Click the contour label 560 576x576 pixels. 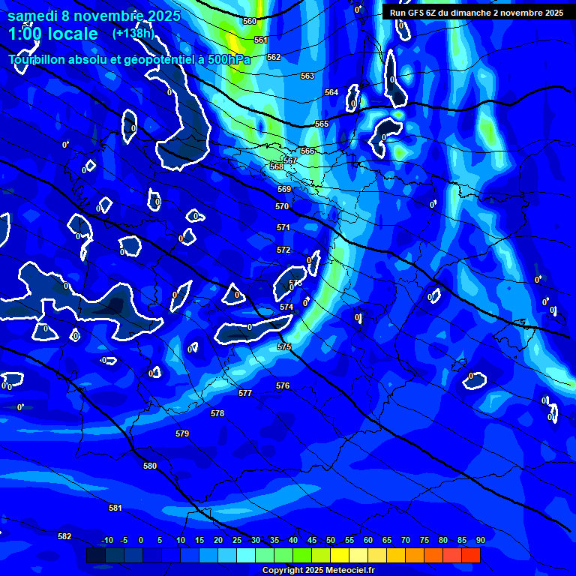(x=250, y=21)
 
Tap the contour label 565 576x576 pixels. (x=322, y=124)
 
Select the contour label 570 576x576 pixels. (x=282, y=206)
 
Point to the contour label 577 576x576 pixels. (x=245, y=393)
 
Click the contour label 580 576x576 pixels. (x=150, y=466)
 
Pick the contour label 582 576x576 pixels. (x=64, y=536)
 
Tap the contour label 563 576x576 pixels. (x=307, y=76)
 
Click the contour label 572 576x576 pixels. (x=283, y=250)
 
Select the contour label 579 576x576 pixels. (x=182, y=433)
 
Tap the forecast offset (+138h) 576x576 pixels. (x=133, y=33)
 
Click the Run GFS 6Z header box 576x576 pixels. (x=476, y=12)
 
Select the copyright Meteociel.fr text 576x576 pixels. (x=318, y=570)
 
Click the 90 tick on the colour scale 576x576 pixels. (x=480, y=541)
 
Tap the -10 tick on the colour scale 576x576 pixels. (x=107, y=541)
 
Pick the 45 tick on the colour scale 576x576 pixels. (x=311, y=541)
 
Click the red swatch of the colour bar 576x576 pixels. (x=470, y=555)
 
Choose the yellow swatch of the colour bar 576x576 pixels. (x=339, y=555)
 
